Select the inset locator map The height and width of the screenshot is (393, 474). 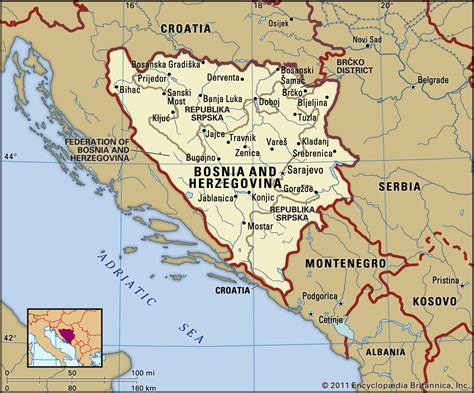(x=63, y=341)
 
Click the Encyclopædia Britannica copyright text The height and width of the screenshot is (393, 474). (x=397, y=384)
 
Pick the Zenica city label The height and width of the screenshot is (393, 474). (x=248, y=153)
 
